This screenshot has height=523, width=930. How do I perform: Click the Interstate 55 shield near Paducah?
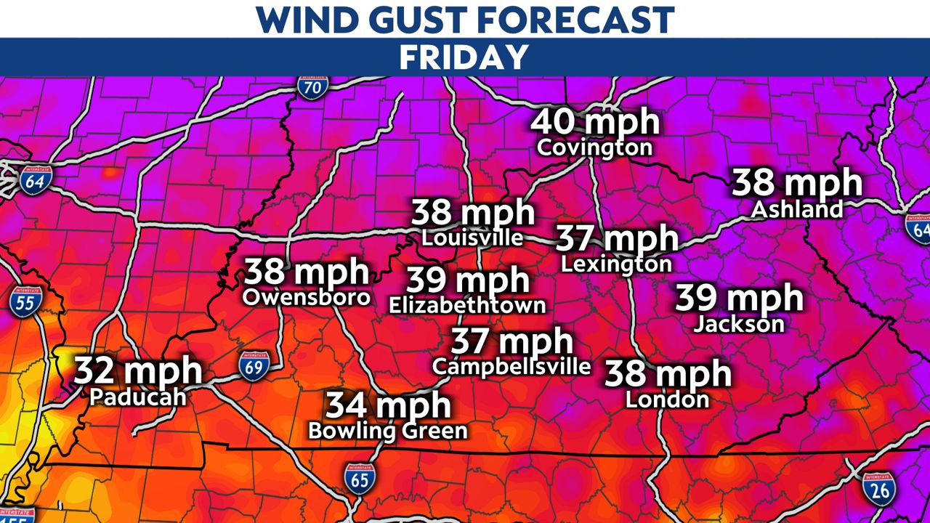(25, 301)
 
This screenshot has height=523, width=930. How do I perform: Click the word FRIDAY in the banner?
(464, 57)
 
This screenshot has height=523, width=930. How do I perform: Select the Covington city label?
(594, 148)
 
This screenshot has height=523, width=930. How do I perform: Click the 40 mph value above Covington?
(595, 122)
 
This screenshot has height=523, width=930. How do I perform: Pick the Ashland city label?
(797, 210)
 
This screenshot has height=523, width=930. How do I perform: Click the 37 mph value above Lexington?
(617, 238)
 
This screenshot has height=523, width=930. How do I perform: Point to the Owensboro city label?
(306, 297)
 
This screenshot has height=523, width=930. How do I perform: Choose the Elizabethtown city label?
(467, 305)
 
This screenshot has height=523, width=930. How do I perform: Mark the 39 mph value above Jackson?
(739, 298)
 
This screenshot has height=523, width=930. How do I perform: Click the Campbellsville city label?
(511, 366)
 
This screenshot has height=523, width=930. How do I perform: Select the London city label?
(667, 399)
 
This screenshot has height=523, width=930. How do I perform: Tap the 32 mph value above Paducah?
(138, 371)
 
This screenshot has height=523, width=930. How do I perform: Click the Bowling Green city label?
(387, 431)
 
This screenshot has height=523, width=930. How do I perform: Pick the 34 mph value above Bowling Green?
(388, 405)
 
